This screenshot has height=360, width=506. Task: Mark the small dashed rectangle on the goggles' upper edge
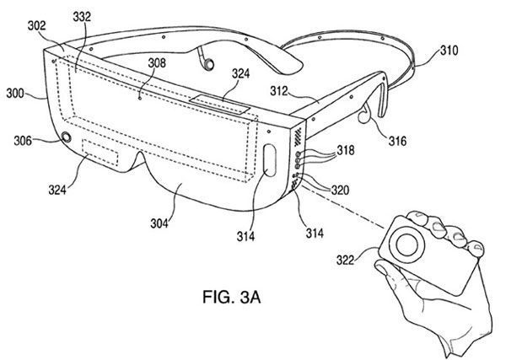[x=218, y=103]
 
